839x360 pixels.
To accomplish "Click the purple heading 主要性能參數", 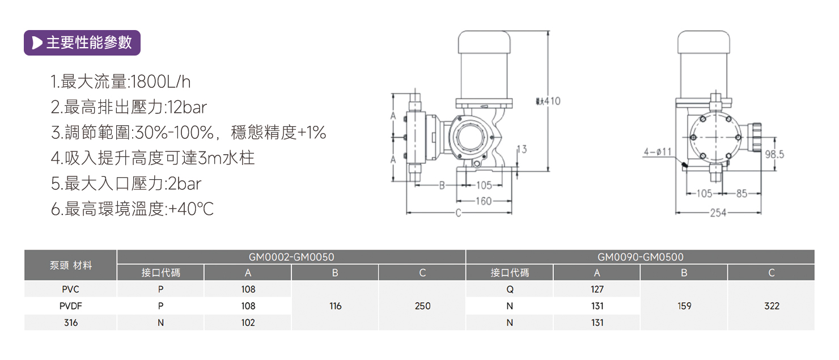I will (82, 43).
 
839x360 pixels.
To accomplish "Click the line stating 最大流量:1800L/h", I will (121, 82).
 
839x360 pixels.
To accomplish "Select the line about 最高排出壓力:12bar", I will (129, 107).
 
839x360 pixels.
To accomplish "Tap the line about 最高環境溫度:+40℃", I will (132, 209).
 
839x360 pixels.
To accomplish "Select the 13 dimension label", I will (522, 149).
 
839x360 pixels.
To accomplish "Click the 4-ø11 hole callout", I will (658, 152).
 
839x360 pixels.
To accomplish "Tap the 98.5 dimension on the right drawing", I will (774, 154).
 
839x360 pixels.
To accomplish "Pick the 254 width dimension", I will (718, 213).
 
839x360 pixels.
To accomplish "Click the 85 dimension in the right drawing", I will (741, 193).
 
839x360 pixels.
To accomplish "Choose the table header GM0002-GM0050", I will (291, 257).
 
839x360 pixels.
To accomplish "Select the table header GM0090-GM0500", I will (640, 257).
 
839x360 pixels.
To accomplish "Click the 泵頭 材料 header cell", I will (71, 265).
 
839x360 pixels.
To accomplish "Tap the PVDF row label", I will (71, 306).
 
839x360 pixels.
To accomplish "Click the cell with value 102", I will (248, 323).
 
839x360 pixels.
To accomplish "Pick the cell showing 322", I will (771, 306).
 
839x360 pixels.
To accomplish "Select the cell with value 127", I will (596, 289).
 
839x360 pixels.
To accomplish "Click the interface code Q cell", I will (510, 289).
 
